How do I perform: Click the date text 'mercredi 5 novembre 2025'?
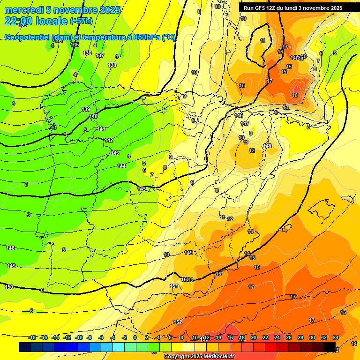[x=62, y=10]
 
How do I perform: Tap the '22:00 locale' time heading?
[x=36, y=21]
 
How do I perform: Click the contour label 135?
[x=75, y=45]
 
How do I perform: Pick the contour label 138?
[x=112, y=65]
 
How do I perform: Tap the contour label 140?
[x=93, y=116]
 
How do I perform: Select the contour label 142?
[x=109, y=140]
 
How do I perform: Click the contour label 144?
[x=121, y=166]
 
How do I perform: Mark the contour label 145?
[x=142, y=189]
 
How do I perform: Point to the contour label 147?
[x=245, y=123]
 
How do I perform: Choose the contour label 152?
[x=178, y=322]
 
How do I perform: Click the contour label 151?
[x=173, y=286]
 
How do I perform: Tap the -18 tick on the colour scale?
[x=32, y=337]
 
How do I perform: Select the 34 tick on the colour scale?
[x=336, y=337]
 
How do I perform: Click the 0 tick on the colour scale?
[x=135, y=337]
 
